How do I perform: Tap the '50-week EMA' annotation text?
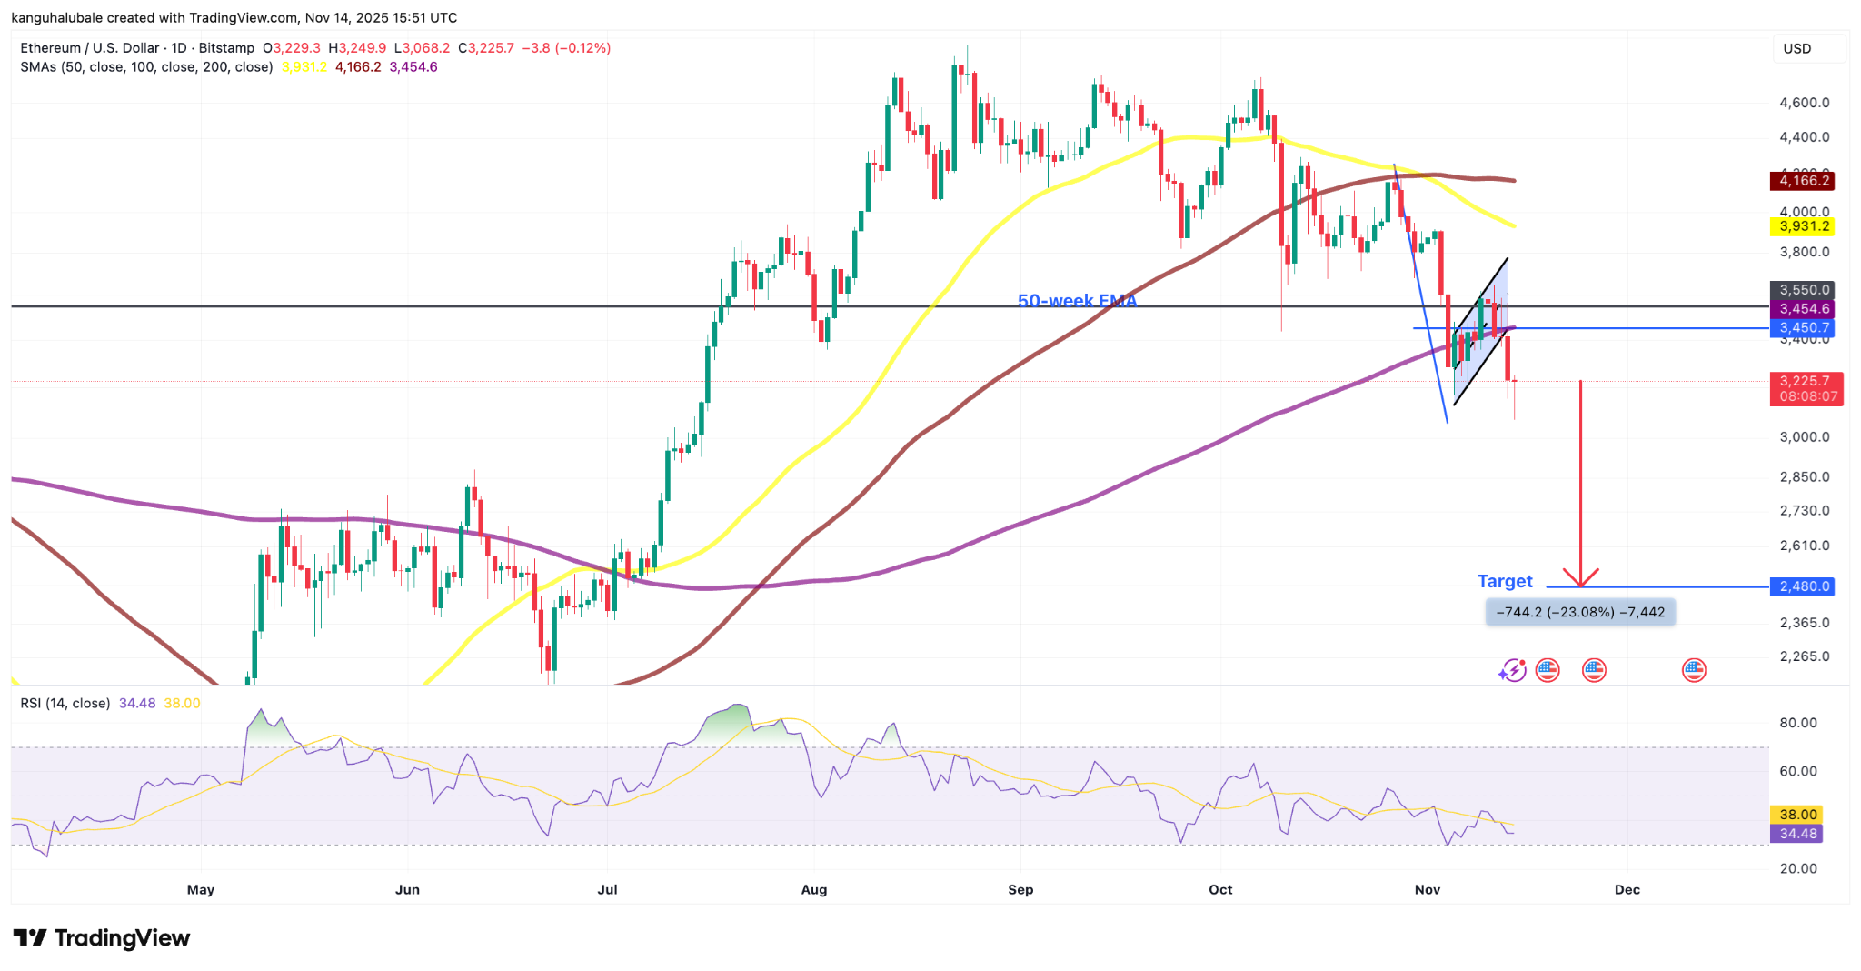pyautogui.click(x=1077, y=300)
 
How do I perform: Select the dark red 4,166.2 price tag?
pyautogui.click(x=1803, y=181)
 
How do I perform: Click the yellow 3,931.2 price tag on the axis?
pyautogui.click(x=1803, y=226)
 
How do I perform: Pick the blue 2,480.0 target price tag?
pyautogui.click(x=1803, y=586)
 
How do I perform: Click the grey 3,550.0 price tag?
pyautogui.click(x=1803, y=290)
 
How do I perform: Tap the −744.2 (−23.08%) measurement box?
pyautogui.click(x=1580, y=612)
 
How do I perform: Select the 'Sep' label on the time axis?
pyautogui.click(x=1020, y=889)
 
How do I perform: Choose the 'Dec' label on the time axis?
pyautogui.click(x=1627, y=889)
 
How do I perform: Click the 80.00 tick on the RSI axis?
pyautogui.click(x=1797, y=723)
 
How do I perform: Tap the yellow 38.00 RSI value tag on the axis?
pyautogui.click(x=1796, y=815)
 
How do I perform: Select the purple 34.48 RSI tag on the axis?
pyautogui.click(x=1796, y=834)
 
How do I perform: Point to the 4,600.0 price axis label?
pyautogui.click(x=1804, y=103)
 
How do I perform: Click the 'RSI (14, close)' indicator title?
pyautogui.click(x=65, y=703)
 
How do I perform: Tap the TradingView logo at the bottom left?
pyautogui.click(x=102, y=937)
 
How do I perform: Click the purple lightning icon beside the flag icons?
pyautogui.click(x=1512, y=671)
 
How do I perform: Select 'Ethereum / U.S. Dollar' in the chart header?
pyautogui.click(x=89, y=48)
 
